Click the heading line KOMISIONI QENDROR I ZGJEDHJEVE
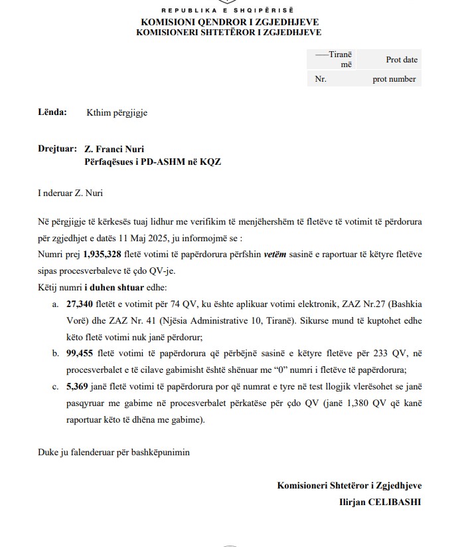coord(229,22)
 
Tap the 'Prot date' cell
coord(402,59)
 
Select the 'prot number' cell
coord(394,79)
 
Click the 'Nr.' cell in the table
coord(321,79)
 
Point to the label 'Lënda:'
coord(52,112)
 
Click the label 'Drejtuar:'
coord(57,149)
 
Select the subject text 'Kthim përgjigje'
coord(117,112)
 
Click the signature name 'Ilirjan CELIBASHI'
coord(380,502)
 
